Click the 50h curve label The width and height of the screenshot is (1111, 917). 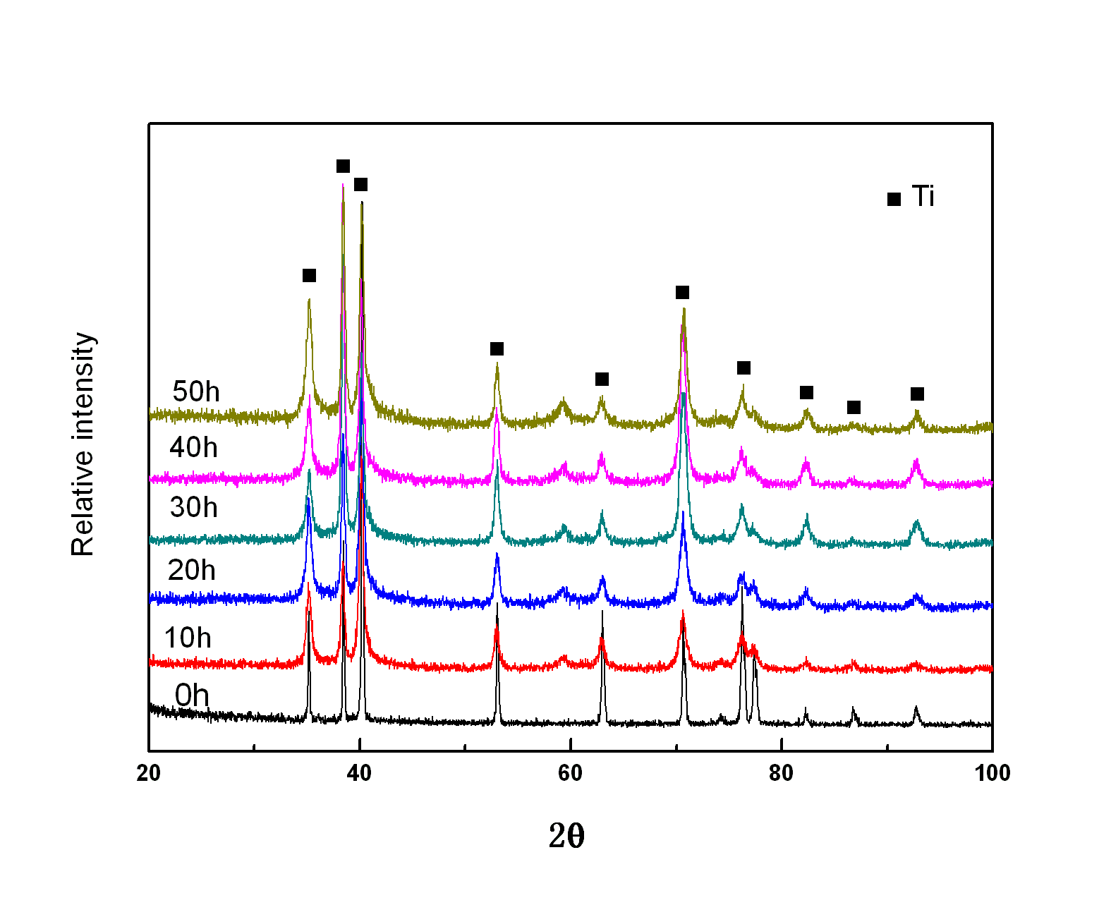pos(196,391)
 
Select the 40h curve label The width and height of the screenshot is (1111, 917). pos(193,447)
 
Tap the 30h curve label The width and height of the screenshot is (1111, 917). pos(193,507)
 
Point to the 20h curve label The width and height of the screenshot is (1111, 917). pos(191,570)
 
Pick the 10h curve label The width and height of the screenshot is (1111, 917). pos(188,638)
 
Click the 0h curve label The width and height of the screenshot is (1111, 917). pos(192,696)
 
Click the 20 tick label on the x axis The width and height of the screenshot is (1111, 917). pos(149,773)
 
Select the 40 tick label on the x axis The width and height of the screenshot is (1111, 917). pos(360,773)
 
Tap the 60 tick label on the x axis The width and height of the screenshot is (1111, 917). pos(571,773)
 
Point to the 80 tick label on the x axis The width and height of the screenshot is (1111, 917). pos(782,773)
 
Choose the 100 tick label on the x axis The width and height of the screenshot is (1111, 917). pos(992,773)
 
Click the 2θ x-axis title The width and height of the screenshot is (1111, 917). pos(566,837)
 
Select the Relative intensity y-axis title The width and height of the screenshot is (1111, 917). pos(83,444)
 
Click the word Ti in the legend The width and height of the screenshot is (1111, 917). pos(923,196)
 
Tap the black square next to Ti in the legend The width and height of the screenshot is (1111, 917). pos(894,199)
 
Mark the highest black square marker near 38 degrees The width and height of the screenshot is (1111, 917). pos(343,166)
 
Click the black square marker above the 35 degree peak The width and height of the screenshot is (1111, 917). pos(309,275)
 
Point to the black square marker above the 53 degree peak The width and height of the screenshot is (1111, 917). pos(497,348)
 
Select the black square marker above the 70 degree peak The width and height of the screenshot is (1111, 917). pos(682,292)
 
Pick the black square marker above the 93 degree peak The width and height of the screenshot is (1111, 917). pos(917,394)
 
